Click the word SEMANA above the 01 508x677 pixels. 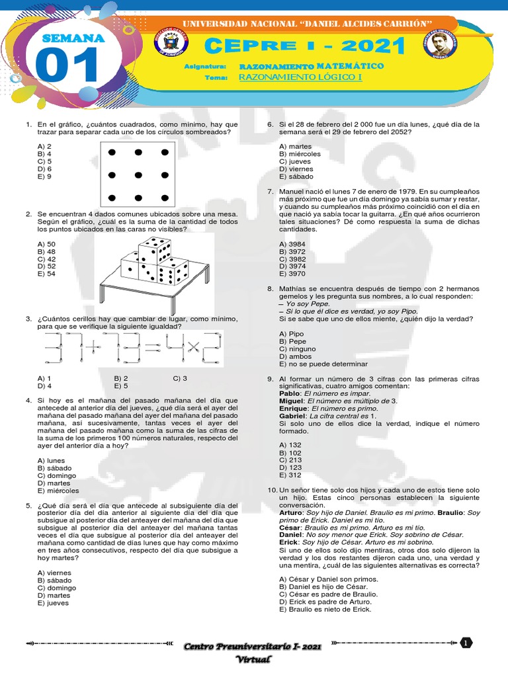click(73, 38)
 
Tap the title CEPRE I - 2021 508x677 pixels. click(304, 47)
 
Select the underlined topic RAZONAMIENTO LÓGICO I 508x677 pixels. click(288, 77)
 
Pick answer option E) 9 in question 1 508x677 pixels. click(45, 177)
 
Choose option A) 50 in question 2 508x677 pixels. click(46, 244)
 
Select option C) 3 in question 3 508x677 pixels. click(180, 378)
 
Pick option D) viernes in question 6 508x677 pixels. click(296, 169)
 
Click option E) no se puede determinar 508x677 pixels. click(323, 364)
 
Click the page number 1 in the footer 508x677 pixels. click(466, 643)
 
